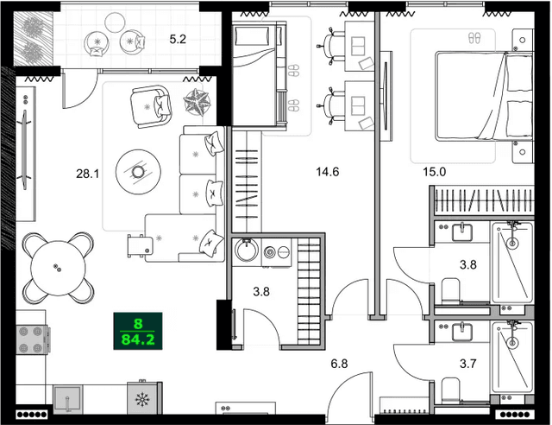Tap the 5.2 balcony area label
pos(178,39)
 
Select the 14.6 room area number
pos(328,172)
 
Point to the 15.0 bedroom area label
pos(434,172)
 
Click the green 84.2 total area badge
pos(138,330)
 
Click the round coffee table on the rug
pos(138,172)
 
